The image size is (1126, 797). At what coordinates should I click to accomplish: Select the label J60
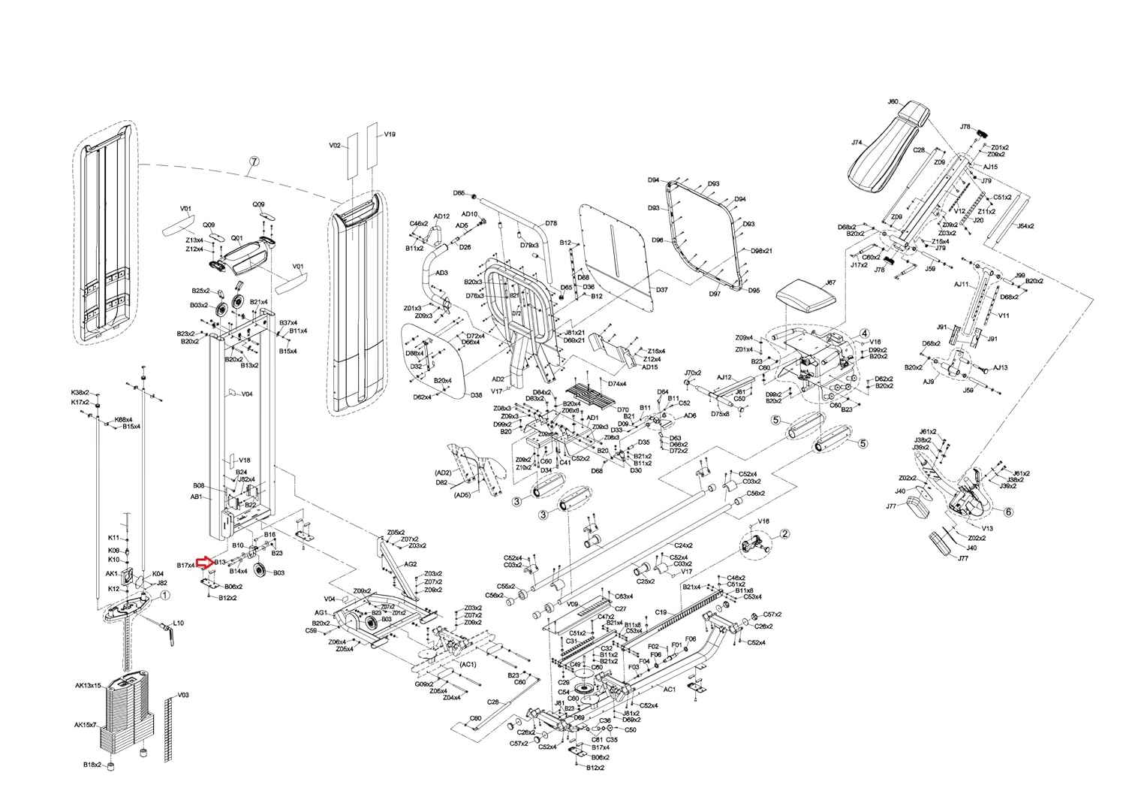pos(893,101)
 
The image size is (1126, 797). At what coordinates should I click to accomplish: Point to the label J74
pos(857,143)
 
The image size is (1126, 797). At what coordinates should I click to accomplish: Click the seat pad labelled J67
pos(806,294)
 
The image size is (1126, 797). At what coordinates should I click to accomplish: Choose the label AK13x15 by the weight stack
pos(88,685)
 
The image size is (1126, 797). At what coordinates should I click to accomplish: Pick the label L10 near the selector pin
pos(179,623)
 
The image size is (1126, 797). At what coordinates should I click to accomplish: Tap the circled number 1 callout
pos(165,594)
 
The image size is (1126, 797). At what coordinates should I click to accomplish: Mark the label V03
pos(183,695)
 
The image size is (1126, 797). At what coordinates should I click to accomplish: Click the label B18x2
pos(92,765)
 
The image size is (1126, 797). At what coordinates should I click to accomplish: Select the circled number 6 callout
pos(1007,511)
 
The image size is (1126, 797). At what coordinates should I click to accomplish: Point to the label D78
pos(551,223)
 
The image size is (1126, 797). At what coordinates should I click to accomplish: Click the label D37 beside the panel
pos(661,289)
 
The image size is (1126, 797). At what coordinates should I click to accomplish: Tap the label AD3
pos(442,273)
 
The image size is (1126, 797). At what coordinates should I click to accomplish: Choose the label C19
pos(661,612)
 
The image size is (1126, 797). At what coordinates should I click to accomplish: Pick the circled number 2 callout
pos(784,534)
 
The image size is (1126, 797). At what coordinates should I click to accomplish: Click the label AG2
pos(411,564)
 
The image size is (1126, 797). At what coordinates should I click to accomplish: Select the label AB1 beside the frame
pos(196,497)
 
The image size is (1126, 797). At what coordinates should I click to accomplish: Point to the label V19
pos(390,134)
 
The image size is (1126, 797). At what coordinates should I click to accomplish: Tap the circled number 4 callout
pos(864,333)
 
